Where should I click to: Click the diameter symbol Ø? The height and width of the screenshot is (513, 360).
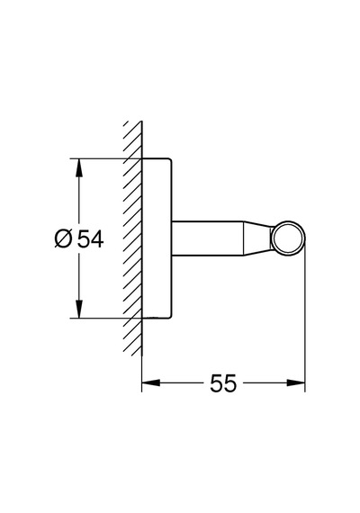click(63, 238)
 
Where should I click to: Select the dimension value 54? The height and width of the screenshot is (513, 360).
click(90, 238)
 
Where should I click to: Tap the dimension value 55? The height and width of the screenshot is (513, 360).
click(223, 383)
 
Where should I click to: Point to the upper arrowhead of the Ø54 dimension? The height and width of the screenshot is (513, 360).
click(78, 167)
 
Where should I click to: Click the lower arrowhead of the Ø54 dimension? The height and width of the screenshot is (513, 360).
click(78, 309)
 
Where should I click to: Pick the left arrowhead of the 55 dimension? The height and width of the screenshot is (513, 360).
click(151, 382)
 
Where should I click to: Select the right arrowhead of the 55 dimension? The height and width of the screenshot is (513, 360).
click(296, 382)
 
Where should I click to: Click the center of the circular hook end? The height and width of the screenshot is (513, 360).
click(288, 238)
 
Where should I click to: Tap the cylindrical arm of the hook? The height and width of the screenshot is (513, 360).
click(208, 238)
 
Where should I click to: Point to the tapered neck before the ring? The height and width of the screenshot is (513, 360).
click(257, 238)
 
